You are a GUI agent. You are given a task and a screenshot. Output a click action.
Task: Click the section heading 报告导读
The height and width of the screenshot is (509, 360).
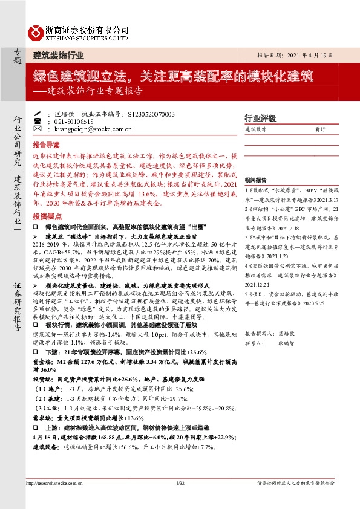tap(46, 145)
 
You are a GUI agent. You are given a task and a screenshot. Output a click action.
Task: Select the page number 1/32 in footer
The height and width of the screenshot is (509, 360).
tap(180, 482)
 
